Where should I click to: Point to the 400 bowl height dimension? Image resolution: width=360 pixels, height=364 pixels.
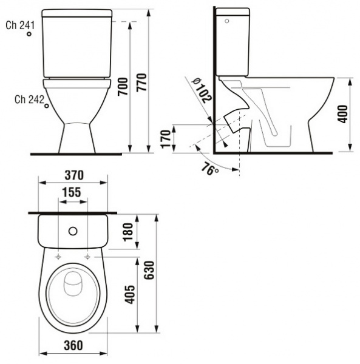pos(343,114)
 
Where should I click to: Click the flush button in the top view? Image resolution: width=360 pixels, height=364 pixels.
pos(73,231)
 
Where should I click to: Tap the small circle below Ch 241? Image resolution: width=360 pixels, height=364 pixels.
pos(29,36)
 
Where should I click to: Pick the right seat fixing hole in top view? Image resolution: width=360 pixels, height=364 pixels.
pos(89,257)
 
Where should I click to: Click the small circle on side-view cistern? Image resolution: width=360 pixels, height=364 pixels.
pos(227,21)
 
